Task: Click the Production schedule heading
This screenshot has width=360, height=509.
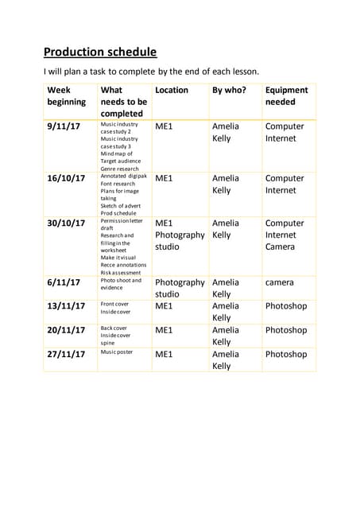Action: (x=100, y=52)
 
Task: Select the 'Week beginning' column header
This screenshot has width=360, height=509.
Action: (x=67, y=96)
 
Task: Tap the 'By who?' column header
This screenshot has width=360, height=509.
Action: (x=229, y=91)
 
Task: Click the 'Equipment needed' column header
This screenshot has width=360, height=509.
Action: (x=285, y=96)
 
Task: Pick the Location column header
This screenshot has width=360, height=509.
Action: (x=172, y=91)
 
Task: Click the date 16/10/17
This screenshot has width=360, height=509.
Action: (x=66, y=178)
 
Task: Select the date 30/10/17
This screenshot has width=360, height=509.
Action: (x=66, y=223)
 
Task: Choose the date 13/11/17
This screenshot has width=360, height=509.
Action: (x=66, y=306)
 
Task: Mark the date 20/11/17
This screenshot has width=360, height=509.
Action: (x=66, y=330)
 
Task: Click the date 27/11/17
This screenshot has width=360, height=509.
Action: (x=66, y=354)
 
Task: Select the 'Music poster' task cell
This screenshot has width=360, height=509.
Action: (x=117, y=352)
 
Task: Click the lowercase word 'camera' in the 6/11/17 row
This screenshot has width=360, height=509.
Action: (x=280, y=282)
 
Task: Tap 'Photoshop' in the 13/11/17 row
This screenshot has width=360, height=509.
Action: (x=286, y=306)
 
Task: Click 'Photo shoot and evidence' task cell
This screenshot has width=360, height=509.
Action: (x=121, y=284)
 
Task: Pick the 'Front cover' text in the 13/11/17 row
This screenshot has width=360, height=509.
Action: (x=114, y=304)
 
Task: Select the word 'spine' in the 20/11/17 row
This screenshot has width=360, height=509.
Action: (x=108, y=343)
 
